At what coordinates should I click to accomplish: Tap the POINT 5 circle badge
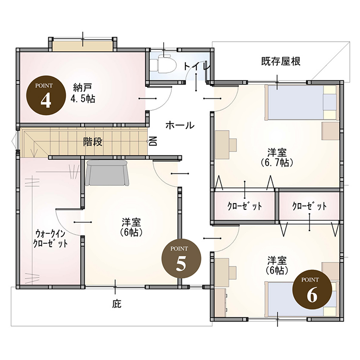pyautogui.click(x=181, y=259)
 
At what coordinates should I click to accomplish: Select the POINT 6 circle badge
pyautogui.click(x=312, y=289)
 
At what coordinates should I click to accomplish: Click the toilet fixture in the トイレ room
pyautogui.click(x=163, y=64)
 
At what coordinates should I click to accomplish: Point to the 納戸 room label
pyautogui.click(x=83, y=87)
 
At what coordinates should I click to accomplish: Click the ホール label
pyautogui.click(x=180, y=125)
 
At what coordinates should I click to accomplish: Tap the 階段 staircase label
pyautogui.click(x=93, y=142)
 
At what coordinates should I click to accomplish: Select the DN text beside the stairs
pyautogui.click(x=153, y=141)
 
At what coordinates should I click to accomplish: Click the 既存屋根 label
pyautogui.click(x=281, y=61)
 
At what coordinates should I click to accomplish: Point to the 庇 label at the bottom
pyautogui.click(x=117, y=304)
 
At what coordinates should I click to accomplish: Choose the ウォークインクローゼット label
pyautogui.click(x=50, y=239)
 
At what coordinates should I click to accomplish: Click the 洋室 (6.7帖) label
pyautogui.click(x=277, y=157)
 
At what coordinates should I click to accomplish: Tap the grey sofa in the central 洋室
pyautogui.click(x=107, y=173)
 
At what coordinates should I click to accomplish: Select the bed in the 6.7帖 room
pyautogui.click(x=302, y=102)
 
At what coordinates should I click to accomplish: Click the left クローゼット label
pyautogui.click(x=245, y=206)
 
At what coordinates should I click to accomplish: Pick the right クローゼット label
pyautogui.click(x=310, y=206)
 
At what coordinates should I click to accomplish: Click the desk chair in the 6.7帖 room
pyautogui.click(x=233, y=145)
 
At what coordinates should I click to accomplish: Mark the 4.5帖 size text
pyautogui.click(x=83, y=99)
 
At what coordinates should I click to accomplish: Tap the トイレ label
pyautogui.click(x=196, y=66)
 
